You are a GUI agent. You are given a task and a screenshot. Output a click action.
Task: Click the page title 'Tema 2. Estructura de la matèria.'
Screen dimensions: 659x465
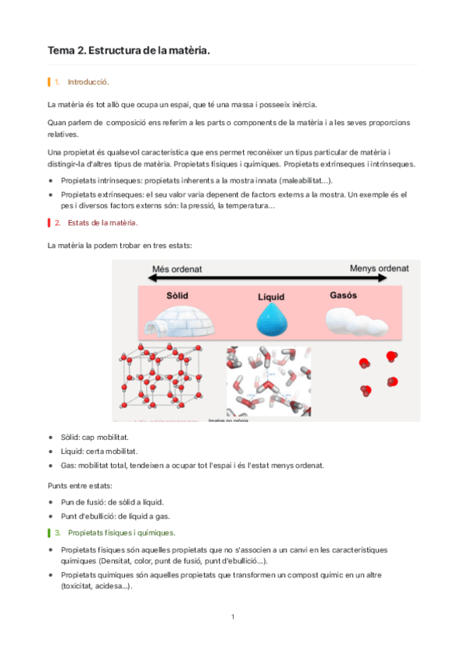pyautogui.click(x=128, y=51)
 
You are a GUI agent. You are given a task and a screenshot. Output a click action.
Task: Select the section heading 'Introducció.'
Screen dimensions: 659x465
pyautogui.click(x=88, y=82)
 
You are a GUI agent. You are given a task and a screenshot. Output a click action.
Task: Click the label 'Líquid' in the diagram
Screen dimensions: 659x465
pyautogui.click(x=272, y=298)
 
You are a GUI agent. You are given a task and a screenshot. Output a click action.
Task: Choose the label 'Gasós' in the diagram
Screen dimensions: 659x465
pyautogui.click(x=343, y=296)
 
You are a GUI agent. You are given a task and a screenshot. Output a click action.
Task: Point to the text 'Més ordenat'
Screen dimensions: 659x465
pyautogui.click(x=176, y=268)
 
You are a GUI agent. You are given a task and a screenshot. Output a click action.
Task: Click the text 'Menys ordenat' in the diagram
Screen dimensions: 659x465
pyautogui.click(x=380, y=268)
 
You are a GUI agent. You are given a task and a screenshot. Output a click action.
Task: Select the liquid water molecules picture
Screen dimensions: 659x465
pyautogui.click(x=268, y=381)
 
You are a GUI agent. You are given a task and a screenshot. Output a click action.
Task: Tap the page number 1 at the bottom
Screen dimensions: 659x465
pyautogui.click(x=232, y=617)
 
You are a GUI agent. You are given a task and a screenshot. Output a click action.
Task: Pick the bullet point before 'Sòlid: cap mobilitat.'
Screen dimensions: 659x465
pyautogui.click(x=51, y=438)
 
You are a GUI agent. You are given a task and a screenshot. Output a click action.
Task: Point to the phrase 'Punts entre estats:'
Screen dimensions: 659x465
pyautogui.click(x=79, y=485)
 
